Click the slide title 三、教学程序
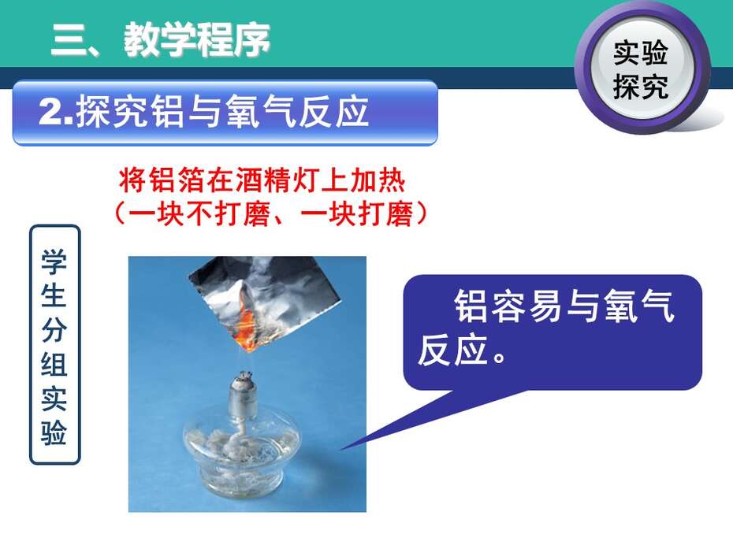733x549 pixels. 160,39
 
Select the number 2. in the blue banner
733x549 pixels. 56,112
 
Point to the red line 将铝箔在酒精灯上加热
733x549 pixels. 262,180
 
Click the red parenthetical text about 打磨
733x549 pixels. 270,214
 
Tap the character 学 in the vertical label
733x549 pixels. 54,262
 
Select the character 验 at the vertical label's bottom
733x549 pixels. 54,432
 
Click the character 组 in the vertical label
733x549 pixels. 54,364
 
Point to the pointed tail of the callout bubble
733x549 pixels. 341,449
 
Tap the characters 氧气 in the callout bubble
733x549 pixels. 639,306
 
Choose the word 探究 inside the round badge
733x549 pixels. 641,87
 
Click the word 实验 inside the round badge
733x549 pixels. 641,54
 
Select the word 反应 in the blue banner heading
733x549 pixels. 333,112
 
